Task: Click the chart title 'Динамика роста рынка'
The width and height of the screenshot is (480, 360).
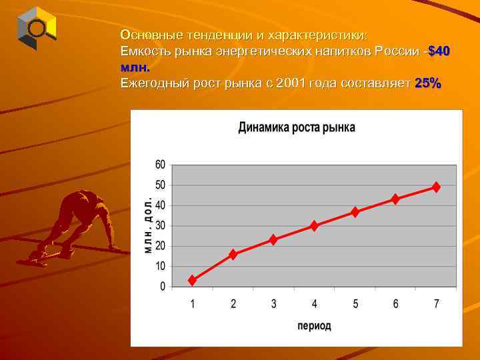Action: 297,128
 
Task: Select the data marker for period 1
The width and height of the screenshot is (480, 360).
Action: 193,281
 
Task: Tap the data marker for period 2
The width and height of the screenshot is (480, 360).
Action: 233,254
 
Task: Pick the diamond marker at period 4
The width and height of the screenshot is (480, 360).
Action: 315,226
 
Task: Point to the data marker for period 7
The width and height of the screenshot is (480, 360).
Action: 436,187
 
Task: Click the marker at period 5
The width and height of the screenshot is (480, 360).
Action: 355,212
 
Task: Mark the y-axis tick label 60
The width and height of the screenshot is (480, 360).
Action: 160,165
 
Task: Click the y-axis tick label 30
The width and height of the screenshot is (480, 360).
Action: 160,226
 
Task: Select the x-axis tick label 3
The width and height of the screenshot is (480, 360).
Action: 274,304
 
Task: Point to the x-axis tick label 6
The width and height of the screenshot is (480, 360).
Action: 396,304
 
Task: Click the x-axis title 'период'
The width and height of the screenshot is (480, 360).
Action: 314,326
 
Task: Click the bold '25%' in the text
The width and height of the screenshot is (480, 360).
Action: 427,84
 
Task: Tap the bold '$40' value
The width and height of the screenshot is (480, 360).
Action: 439,51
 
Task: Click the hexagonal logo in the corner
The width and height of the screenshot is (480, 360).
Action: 37,28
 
